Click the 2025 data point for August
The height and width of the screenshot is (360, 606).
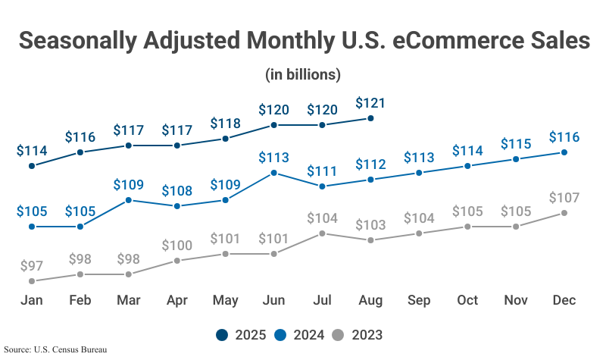[x=370, y=118]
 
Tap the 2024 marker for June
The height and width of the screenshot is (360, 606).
[x=274, y=173]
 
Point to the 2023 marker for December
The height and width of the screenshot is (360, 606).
[x=564, y=213]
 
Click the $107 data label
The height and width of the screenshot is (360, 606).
[x=564, y=198]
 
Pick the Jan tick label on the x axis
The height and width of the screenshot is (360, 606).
[x=32, y=300]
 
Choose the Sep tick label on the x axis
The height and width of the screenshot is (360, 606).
[x=419, y=300]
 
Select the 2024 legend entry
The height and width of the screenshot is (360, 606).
[x=303, y=335]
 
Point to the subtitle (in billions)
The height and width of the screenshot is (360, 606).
[x=303, y=75]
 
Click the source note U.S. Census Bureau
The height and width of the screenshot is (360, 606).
[x=55, y=349]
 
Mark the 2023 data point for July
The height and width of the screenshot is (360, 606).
[x=323, y=233]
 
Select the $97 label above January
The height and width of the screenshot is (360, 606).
[x=32, y=266]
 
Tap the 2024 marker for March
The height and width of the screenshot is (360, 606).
[x=129, y=200]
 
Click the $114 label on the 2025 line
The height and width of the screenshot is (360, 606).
[x=32, y=150]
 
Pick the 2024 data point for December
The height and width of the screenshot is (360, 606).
[x=564, y=152]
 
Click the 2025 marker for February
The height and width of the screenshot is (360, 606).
[x=80, y=152]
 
